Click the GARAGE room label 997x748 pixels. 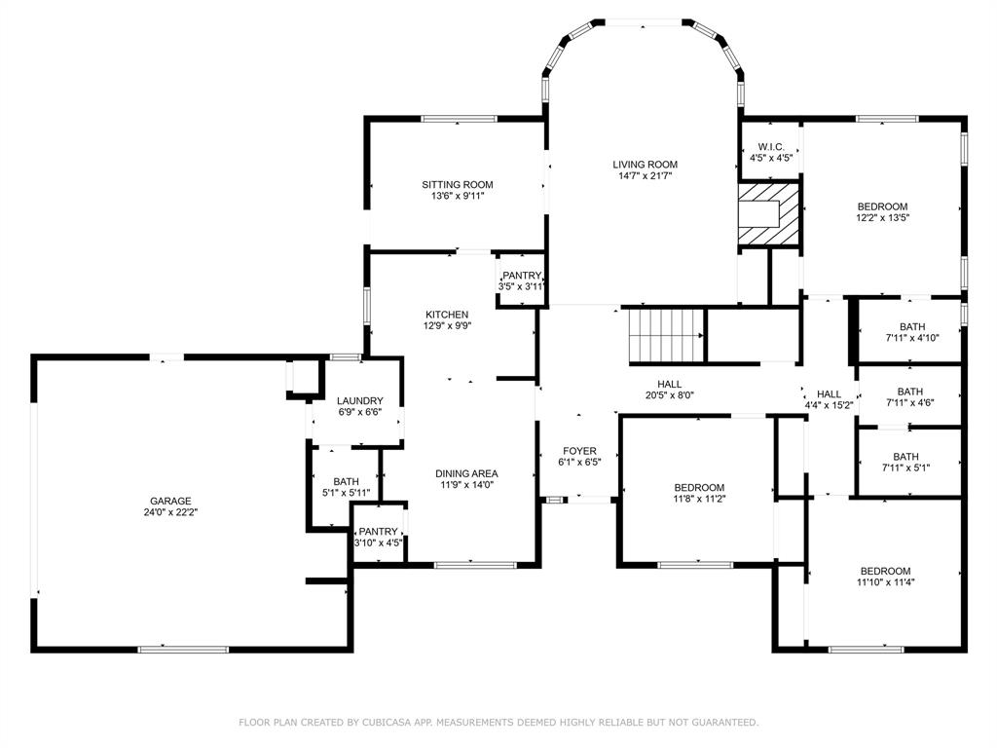[170, 501]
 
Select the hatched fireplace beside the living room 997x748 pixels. [768, 211]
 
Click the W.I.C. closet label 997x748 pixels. [771, 147]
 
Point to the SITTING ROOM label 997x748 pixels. [457, 184]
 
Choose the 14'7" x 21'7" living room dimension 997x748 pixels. [645, 176]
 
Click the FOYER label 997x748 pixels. [579, 451]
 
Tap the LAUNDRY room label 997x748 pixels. [359, 400]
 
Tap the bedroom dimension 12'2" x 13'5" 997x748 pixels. [882, 218]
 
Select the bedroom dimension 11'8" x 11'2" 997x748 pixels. [699, 499]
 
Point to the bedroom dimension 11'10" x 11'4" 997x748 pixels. [885, 582]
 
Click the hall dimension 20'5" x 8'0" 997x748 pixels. [669, 395]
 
